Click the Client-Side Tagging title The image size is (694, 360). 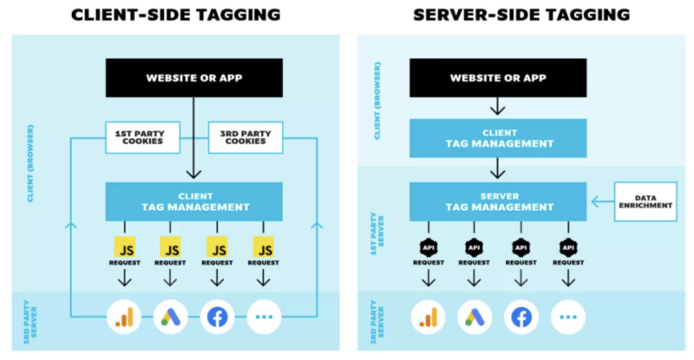pyautogui.click(x=176, y=15)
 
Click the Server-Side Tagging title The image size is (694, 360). pyautogui.click(x=520, y=15)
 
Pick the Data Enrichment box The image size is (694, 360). pyautogui.click(x=646, y=200)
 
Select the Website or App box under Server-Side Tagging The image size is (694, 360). pyautogui.click(x=498, y=78)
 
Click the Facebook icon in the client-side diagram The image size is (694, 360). pyautogui.click(x=216, y=317)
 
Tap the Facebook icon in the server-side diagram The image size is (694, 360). pyautogui.click(x=521, y=317)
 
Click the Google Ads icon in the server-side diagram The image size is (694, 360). pyautogui.click(x=474, y=317)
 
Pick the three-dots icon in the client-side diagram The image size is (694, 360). pyautogui.click(x=263, y=317)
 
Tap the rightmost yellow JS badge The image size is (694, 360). pyautogui.click(x=263, y=245)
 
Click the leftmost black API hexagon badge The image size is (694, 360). pyautogui.click(x=427, y=246)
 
